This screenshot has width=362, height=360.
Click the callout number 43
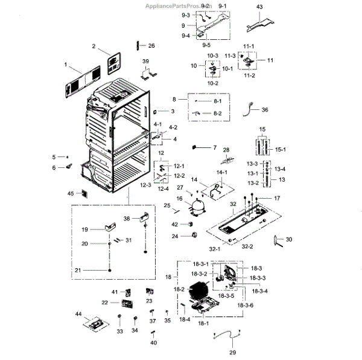pyautogui.click(x=260, y=7)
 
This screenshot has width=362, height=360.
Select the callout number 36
pyautogui.click(x=265, y=110)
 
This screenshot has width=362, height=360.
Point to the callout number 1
pyautogui.click(x=65, y=63)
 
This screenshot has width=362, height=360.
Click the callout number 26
pyautogui.click(x=151, y=46)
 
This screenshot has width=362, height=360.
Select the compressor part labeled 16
pyautogui.click(x=196, y=207)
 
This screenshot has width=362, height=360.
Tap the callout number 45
pyautogui.click(x=71, y=193)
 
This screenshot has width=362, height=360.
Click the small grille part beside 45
pyautogui.click(x=83, y=194)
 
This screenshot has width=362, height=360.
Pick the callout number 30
pyautogui.click(x=288, y=240)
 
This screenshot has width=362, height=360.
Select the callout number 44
pyautogui.click(x=78, y=315)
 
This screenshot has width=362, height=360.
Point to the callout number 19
pyautogui.click(x=85, y=230)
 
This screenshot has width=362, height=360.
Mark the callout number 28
pyautogui.click(x=227, y=150)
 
